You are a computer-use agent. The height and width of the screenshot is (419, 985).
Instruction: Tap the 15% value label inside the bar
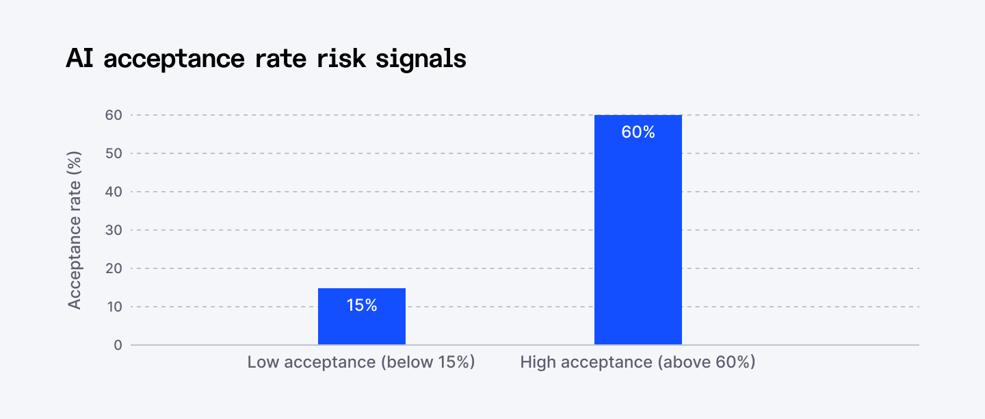tap(362, 305)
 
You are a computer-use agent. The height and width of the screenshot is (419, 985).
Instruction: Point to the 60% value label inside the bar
tap(638, 132)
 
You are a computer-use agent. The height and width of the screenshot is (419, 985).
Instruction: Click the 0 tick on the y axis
tap(118, 345)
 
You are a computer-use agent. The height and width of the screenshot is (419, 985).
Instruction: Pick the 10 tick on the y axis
tap(114, 307)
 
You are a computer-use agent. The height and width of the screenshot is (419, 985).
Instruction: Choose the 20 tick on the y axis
tap(114, 268)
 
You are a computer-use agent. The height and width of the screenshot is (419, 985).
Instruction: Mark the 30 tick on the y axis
tap(114, 230)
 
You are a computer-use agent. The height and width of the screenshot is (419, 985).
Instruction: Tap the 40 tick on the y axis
tap(114, 192)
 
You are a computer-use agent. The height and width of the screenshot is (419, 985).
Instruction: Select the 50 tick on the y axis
tap(114, 153)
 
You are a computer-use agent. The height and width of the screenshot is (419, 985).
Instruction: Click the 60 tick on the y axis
tap(114, 115)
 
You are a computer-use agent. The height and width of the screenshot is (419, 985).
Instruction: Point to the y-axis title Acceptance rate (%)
tap(75, 230)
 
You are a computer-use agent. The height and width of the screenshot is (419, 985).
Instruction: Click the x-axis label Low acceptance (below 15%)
tap(361, 362)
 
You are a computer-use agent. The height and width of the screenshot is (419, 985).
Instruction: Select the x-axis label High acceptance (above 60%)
tap(638, 362)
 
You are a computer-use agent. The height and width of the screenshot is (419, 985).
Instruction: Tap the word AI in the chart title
tap(80, 59)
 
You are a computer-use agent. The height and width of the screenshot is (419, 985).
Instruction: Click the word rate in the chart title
tap(283, 59)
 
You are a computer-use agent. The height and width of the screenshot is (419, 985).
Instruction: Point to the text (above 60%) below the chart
tap(707, 362)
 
